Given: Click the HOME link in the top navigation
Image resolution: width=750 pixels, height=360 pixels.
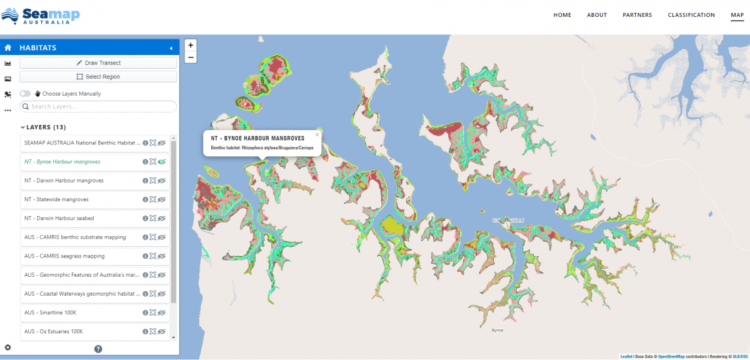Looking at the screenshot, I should (x=562, y=15).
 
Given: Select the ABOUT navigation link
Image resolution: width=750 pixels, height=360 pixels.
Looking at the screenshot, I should (x=597, y=15).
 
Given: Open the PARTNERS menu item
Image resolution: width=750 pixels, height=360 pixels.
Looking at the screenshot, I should (x=637, y=15).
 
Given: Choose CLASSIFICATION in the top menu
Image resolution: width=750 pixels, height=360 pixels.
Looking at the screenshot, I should (x=691, y=15).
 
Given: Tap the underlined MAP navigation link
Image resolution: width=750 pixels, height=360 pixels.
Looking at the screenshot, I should (x=737, y=15).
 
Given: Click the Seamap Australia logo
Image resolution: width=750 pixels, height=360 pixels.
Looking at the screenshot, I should (x=41, y=16).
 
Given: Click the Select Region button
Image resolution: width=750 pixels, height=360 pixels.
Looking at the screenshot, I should (x=98, y=77).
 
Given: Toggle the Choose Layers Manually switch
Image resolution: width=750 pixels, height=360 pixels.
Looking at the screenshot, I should (x=26, y=94).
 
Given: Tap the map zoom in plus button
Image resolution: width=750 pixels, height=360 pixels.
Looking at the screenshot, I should (x=191, y=45).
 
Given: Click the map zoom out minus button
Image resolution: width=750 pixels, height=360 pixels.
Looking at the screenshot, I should (x=191, y=57).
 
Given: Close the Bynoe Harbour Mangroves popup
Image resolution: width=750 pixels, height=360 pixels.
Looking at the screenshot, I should (x=317, y=134).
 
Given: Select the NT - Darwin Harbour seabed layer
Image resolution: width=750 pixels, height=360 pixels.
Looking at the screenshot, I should (x=59, y=218).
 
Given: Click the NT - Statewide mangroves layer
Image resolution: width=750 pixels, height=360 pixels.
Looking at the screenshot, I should (x=56, y=199).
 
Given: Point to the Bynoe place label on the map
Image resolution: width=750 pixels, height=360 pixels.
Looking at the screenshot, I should (x=497, y=330).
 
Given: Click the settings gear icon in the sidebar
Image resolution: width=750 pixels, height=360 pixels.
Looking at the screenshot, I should (x=7, y=347).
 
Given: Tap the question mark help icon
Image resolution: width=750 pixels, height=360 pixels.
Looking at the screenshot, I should (x=98, y=349).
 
